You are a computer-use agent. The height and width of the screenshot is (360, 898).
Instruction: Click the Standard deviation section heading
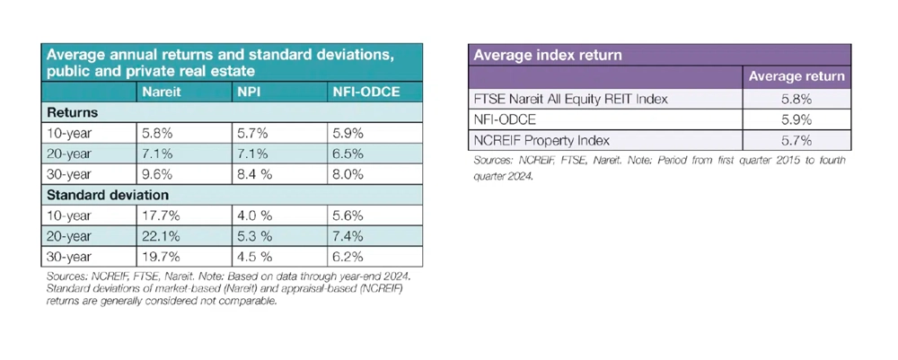pos(107,195)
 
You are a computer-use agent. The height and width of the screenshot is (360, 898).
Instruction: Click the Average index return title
pos(547,56)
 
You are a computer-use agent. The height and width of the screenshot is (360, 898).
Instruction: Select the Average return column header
pos(797,76)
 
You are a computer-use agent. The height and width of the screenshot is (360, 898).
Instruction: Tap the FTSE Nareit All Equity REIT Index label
pos(570,99)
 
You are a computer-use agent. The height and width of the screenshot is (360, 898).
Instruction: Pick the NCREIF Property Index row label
pos(541,140)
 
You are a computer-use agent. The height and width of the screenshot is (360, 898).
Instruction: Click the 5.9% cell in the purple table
pos(797,119)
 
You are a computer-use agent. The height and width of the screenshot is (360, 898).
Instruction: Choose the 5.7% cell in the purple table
pos(797,140)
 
